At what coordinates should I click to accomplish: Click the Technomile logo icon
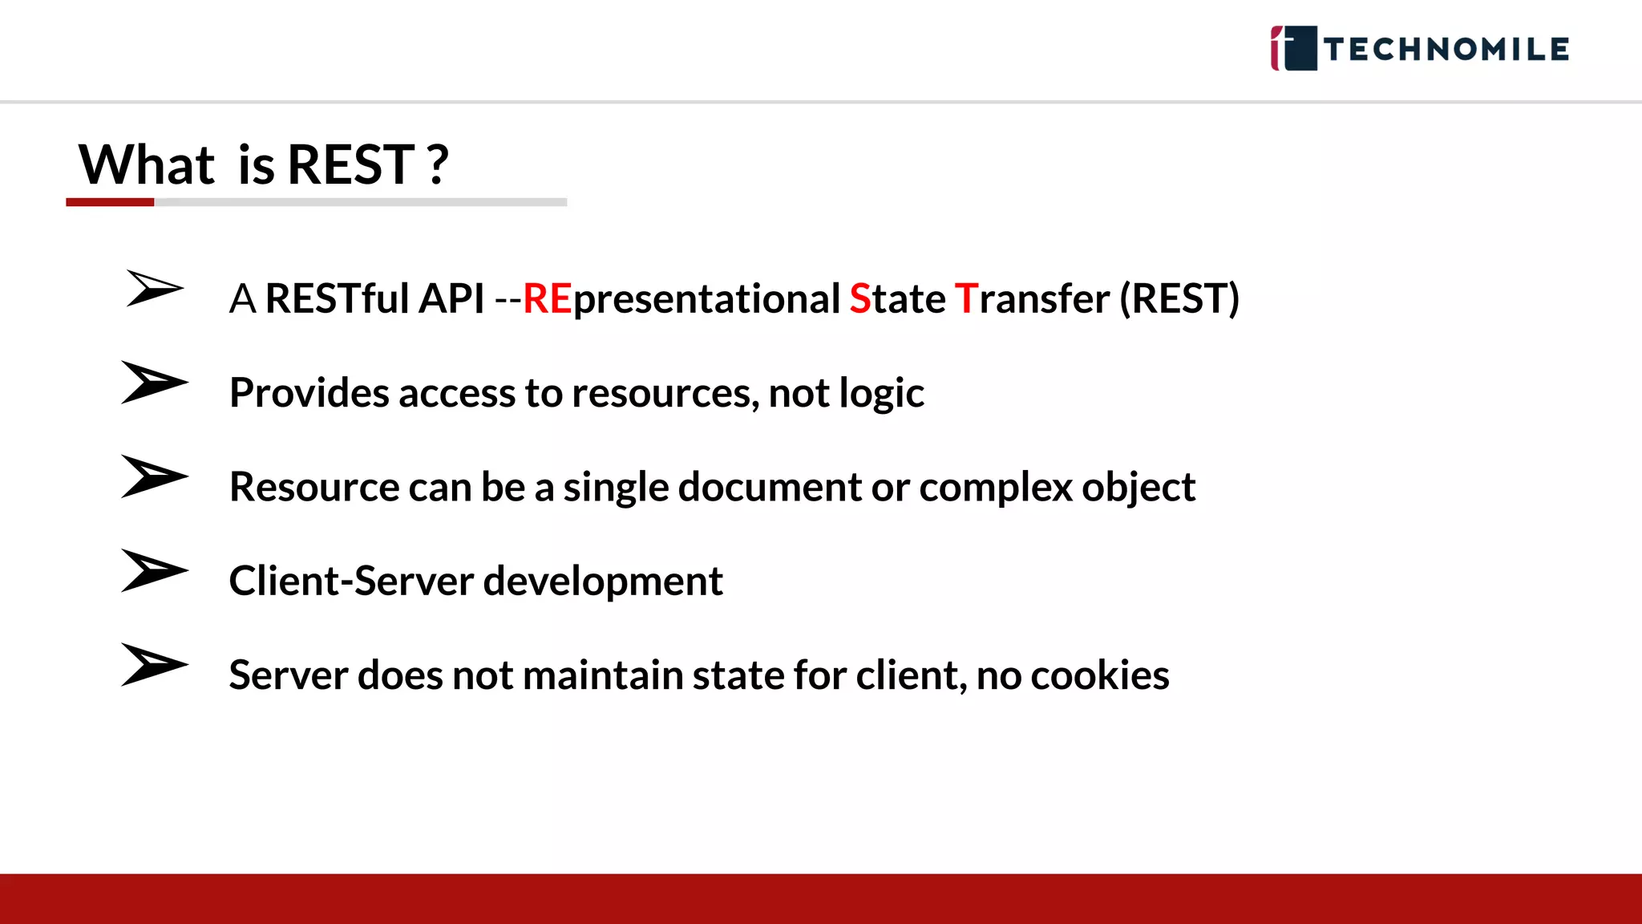[x=1293, y=48]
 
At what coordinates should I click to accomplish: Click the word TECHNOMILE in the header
[x=1446, y=50]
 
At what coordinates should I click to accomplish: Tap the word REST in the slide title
[x=350, y=164]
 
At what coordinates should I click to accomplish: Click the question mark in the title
[x=438, y=164]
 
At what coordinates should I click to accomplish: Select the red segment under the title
[x=110, y=202]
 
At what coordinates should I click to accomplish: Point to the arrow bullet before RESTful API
[x=154, y=288]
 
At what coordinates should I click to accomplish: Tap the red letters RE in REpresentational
[x=547, y=299]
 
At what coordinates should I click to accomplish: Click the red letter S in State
[x=860, y=299]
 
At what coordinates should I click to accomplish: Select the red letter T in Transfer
[x=966, y=299]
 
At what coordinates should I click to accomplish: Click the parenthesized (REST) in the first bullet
[x=1179, y=299]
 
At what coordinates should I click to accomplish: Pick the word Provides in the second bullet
[x=309, y=393]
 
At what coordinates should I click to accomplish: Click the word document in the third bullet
[x=770, y=487]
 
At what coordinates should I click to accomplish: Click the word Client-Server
[x=351, y=581]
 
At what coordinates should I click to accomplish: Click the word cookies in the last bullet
[x=1099, y=675]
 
